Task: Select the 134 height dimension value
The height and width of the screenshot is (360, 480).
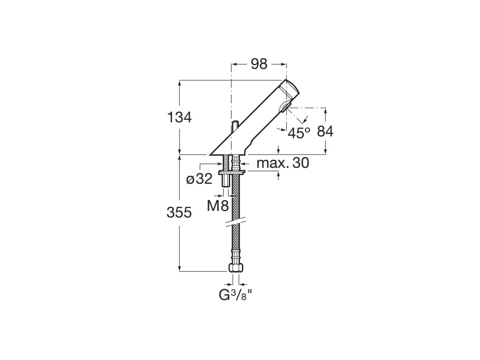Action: pyautogui.click(x=180, y=118)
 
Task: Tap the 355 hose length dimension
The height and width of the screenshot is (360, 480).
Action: pyautogui.click(x=180, y=212)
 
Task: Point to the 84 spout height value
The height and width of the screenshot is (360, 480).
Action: pyautogui.click(x=325, y=132)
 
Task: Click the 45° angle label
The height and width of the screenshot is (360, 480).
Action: pyautogui.click(x=299, y=133)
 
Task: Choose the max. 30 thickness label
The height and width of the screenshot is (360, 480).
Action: pyautogui.click(x=283, y=163)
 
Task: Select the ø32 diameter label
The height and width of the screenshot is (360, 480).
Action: pyautogui.click(x=199, y=179)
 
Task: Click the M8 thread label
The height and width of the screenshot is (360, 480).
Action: pyautogui.click(x=218, y=205)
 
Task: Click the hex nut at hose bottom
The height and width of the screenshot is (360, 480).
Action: pyautogui.click(x=236, y=268)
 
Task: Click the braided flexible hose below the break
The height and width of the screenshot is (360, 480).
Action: pyautogui.click(x=236, y=244)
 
